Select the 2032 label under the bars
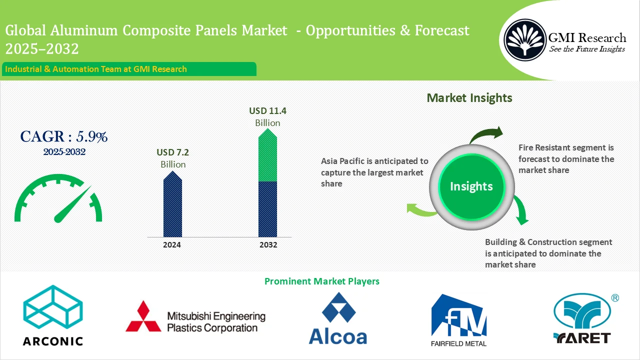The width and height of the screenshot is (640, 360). [x=268, y=245]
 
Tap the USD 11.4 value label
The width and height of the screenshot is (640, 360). [x=268, y=111]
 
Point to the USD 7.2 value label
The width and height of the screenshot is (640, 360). [x=172, y=152]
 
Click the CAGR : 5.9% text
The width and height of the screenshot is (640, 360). [x=64, y=136]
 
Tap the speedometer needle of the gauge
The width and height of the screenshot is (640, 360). [x=72, y=205]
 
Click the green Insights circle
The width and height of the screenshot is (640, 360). [x=471, y=186]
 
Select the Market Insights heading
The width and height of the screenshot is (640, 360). [x=469, y=98]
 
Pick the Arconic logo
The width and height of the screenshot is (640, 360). [x=53, y=315]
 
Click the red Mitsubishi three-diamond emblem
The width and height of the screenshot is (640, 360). [x=143, y=317]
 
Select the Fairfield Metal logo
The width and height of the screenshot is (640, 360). [x=458, y=320]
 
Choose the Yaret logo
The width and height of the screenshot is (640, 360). [x=582, y=319]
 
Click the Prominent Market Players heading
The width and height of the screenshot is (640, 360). [x=321, y=281]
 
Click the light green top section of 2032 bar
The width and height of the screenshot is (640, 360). [x=267, y=157]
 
